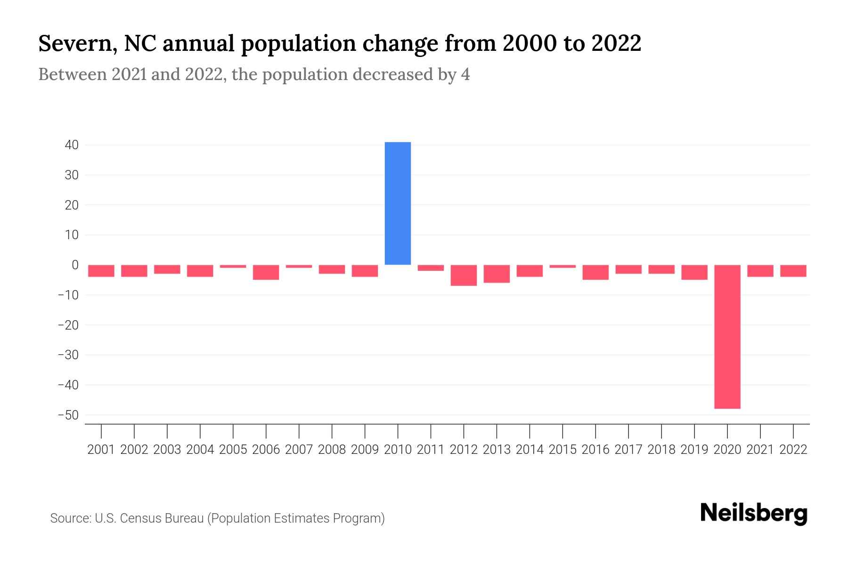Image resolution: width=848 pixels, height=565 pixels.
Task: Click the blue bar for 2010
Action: click(x=398, y=203)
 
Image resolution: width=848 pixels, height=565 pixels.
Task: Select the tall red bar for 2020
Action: click(x=727, y=337)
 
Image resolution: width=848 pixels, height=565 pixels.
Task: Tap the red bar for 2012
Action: click(x=464, y=275)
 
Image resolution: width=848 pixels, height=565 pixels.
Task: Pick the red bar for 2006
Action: click(x=266, y=272)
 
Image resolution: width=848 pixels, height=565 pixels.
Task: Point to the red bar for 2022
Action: click(x=793, y=271)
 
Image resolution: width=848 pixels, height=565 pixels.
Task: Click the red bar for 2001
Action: click(x=101, y=271)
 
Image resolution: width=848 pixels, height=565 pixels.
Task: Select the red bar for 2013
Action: click(x=497, y=274)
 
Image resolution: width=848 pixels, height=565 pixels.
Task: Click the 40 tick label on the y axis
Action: click(x=72, y=145)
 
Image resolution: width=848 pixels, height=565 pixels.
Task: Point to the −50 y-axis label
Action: click(x=68, y=415)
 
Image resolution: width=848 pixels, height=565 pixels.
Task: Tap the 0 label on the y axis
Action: click(x=75, y=265)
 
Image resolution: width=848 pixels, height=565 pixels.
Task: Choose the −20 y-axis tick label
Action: click(x=68, y=325)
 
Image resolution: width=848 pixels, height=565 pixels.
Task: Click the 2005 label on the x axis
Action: click(x=233, y=450)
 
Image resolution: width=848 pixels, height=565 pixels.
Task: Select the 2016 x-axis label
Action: click(x=595, y=450)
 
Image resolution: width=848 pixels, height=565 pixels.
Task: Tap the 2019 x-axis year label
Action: click(x=694, y=450)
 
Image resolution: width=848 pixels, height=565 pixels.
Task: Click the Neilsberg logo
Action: click(x=754, y=513)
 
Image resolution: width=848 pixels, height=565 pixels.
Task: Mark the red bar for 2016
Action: click(x=595, y=272)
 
